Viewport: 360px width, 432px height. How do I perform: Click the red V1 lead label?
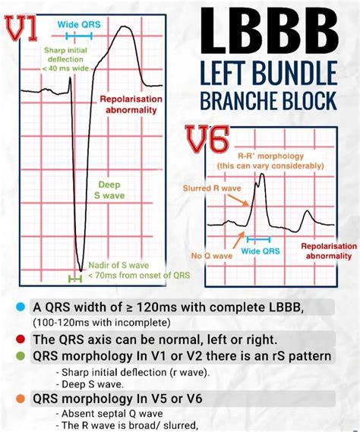(x=21, y=28)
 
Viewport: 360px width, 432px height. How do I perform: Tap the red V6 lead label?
(x=207, y=139)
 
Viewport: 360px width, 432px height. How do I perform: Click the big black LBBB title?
(x=270, y=30)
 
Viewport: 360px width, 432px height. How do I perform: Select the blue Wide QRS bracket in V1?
(x=79, y=36)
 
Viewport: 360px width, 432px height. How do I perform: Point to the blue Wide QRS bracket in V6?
(x=258, y=239)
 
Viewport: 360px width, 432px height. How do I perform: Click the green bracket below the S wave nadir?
(x=75, y=279)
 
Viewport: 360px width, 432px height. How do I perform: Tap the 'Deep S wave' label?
(x=109, y=190)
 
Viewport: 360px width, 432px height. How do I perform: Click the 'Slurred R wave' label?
(x=212, y=188)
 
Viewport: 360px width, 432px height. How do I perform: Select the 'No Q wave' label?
(x=212, y=256)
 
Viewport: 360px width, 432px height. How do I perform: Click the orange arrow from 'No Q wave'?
(x=238, y=240)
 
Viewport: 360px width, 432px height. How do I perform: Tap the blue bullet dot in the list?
(x=21, y=307)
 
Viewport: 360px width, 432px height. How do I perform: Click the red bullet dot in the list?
(x=21, y=339)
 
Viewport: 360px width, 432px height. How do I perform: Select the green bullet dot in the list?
(x=21, y=356)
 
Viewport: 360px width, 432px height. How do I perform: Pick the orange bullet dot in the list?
(x=21, y=399)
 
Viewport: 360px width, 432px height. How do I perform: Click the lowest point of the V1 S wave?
(x=81, y=271)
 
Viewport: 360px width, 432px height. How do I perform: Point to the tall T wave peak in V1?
(x=123, y=27)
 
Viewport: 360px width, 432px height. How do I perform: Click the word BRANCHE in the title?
(x=238, y=100)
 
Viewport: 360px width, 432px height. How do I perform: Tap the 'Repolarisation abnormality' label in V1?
(x=131, y=105)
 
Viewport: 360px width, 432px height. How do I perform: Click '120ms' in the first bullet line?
(x=154, y=307)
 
